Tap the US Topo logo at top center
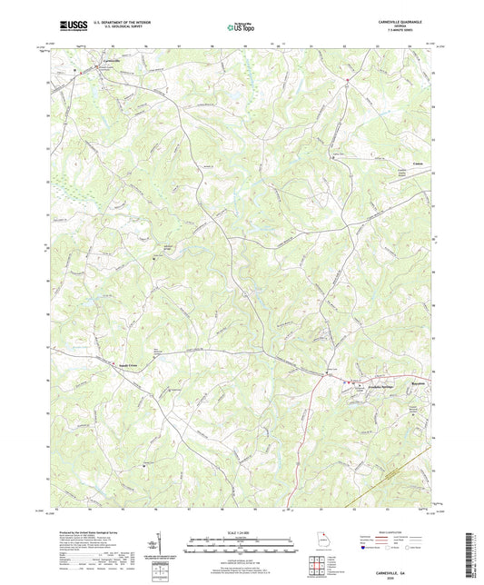[241, 27]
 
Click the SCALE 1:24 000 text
[242, 530]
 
